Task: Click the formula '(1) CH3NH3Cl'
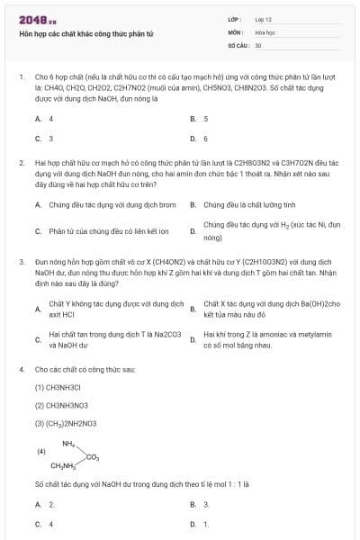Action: point(58,387)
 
